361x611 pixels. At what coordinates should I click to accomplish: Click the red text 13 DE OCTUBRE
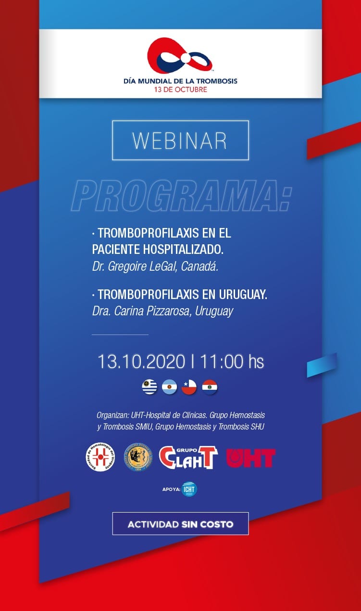tap(180, 90)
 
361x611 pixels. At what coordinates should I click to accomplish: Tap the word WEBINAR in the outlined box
tap(180, 140)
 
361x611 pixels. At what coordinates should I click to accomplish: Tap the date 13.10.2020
tap(141, 362)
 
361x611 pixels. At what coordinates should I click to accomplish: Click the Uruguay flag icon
tap(149, 387)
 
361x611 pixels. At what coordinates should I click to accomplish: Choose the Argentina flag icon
tap(169, 387)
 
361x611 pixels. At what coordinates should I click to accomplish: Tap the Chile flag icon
tap(189, 387)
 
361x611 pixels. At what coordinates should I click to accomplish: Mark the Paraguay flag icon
tap(210, 387)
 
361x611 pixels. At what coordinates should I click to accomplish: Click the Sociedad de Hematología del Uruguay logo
tap(100, 456)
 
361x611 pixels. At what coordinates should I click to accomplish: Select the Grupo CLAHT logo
tap(188, 457)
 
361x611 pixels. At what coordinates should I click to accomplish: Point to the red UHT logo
tap(250, 458)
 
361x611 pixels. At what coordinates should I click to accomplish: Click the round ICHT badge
tap(189, 489)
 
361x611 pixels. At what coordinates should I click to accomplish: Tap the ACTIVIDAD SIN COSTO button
tap(180, 524)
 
